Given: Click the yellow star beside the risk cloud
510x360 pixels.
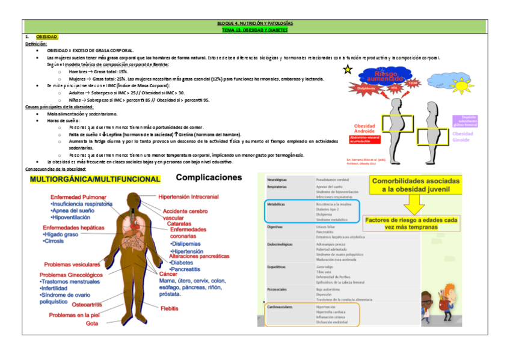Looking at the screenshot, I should click(348, 70).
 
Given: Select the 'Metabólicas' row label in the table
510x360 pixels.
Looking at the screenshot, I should click(277, 204).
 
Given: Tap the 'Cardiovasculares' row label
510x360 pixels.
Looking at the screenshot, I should click(280, 307).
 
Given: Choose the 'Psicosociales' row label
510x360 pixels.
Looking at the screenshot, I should click(277, 289).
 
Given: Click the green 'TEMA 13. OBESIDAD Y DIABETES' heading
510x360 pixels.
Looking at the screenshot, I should click(255, 29).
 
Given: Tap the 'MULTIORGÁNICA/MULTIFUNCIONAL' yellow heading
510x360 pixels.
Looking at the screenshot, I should click(95, 179).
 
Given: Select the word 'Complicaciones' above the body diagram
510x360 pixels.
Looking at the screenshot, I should click(209, 178).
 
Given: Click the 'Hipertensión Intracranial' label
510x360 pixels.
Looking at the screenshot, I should click(188, 197).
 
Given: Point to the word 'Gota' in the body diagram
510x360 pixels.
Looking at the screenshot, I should click(91, 323).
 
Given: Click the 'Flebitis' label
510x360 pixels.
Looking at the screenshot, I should click(169, 308).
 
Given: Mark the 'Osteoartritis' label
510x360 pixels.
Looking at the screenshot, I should click(87, 305).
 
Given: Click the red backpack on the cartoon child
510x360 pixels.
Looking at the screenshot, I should click(445, 305).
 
